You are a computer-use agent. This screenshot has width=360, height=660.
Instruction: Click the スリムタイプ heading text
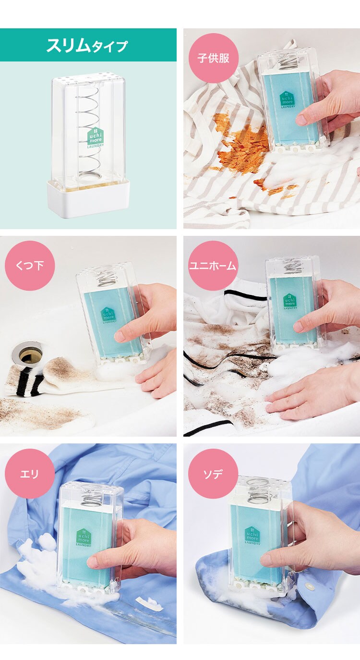pos(87,46)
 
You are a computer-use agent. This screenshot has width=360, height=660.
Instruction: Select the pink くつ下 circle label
pos(30,266)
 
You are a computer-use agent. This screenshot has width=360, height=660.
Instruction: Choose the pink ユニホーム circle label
pos(213,266)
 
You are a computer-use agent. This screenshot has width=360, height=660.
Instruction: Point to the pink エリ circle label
pos(30,474)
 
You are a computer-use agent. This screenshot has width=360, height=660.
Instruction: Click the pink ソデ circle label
pos(213,474)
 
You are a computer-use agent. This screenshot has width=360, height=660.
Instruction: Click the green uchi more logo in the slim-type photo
pos(96,137)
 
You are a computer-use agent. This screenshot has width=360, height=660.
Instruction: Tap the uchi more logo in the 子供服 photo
pos(287,99)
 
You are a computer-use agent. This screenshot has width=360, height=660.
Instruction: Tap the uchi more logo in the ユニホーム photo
pos(290,302)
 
